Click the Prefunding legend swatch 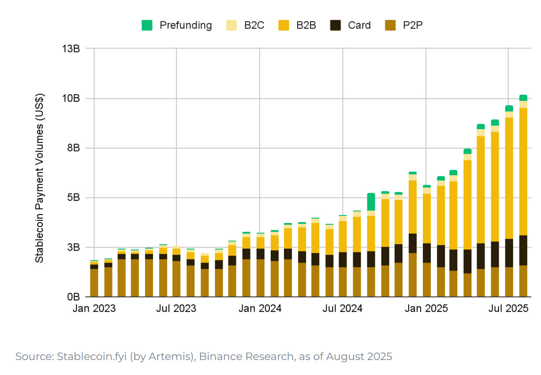pyautogui.click(x=147, y=26)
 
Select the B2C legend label pyautogui.click(x=254, y=26)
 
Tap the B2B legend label pyautogui.click(x=306, y=26)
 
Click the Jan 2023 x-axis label pyautogui.click(x=94, y=308)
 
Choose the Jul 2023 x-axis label pyautogui.click(x=177, y=308)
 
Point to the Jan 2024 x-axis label pyautogui.click(x=260, y=308)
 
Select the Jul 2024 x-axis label pyautogui.click(x=343, y=308)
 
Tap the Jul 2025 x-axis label pyautogui.click(x=508, y=308)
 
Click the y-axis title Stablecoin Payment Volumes pyautogui.click(x=40, y=178)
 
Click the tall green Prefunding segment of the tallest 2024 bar pyautogui.click(x=371, y=202)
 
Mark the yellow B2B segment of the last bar pyautogui.click(x=523, y=172)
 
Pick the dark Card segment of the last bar pyautogui.click(x=523, y=250)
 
